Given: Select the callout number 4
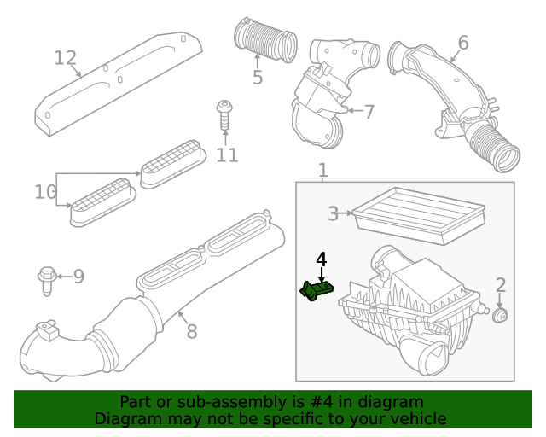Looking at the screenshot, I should click(321, 259).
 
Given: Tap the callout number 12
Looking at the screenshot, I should click(66, 58).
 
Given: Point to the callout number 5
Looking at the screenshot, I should click(258, 78).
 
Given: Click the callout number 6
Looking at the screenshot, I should click(463, 43).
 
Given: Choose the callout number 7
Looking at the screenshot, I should click(369, 111).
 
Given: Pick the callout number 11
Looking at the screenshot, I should click(227, 154).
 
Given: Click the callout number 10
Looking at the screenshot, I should click(45, 192).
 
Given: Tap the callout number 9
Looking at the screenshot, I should click(78, 276).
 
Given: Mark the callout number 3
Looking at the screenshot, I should click(334, 213).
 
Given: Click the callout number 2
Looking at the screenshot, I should click(501, 286).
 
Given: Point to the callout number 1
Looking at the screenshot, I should click(322, 172).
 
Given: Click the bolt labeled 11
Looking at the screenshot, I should click(224, 114).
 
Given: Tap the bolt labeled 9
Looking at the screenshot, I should click(47, 278).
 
